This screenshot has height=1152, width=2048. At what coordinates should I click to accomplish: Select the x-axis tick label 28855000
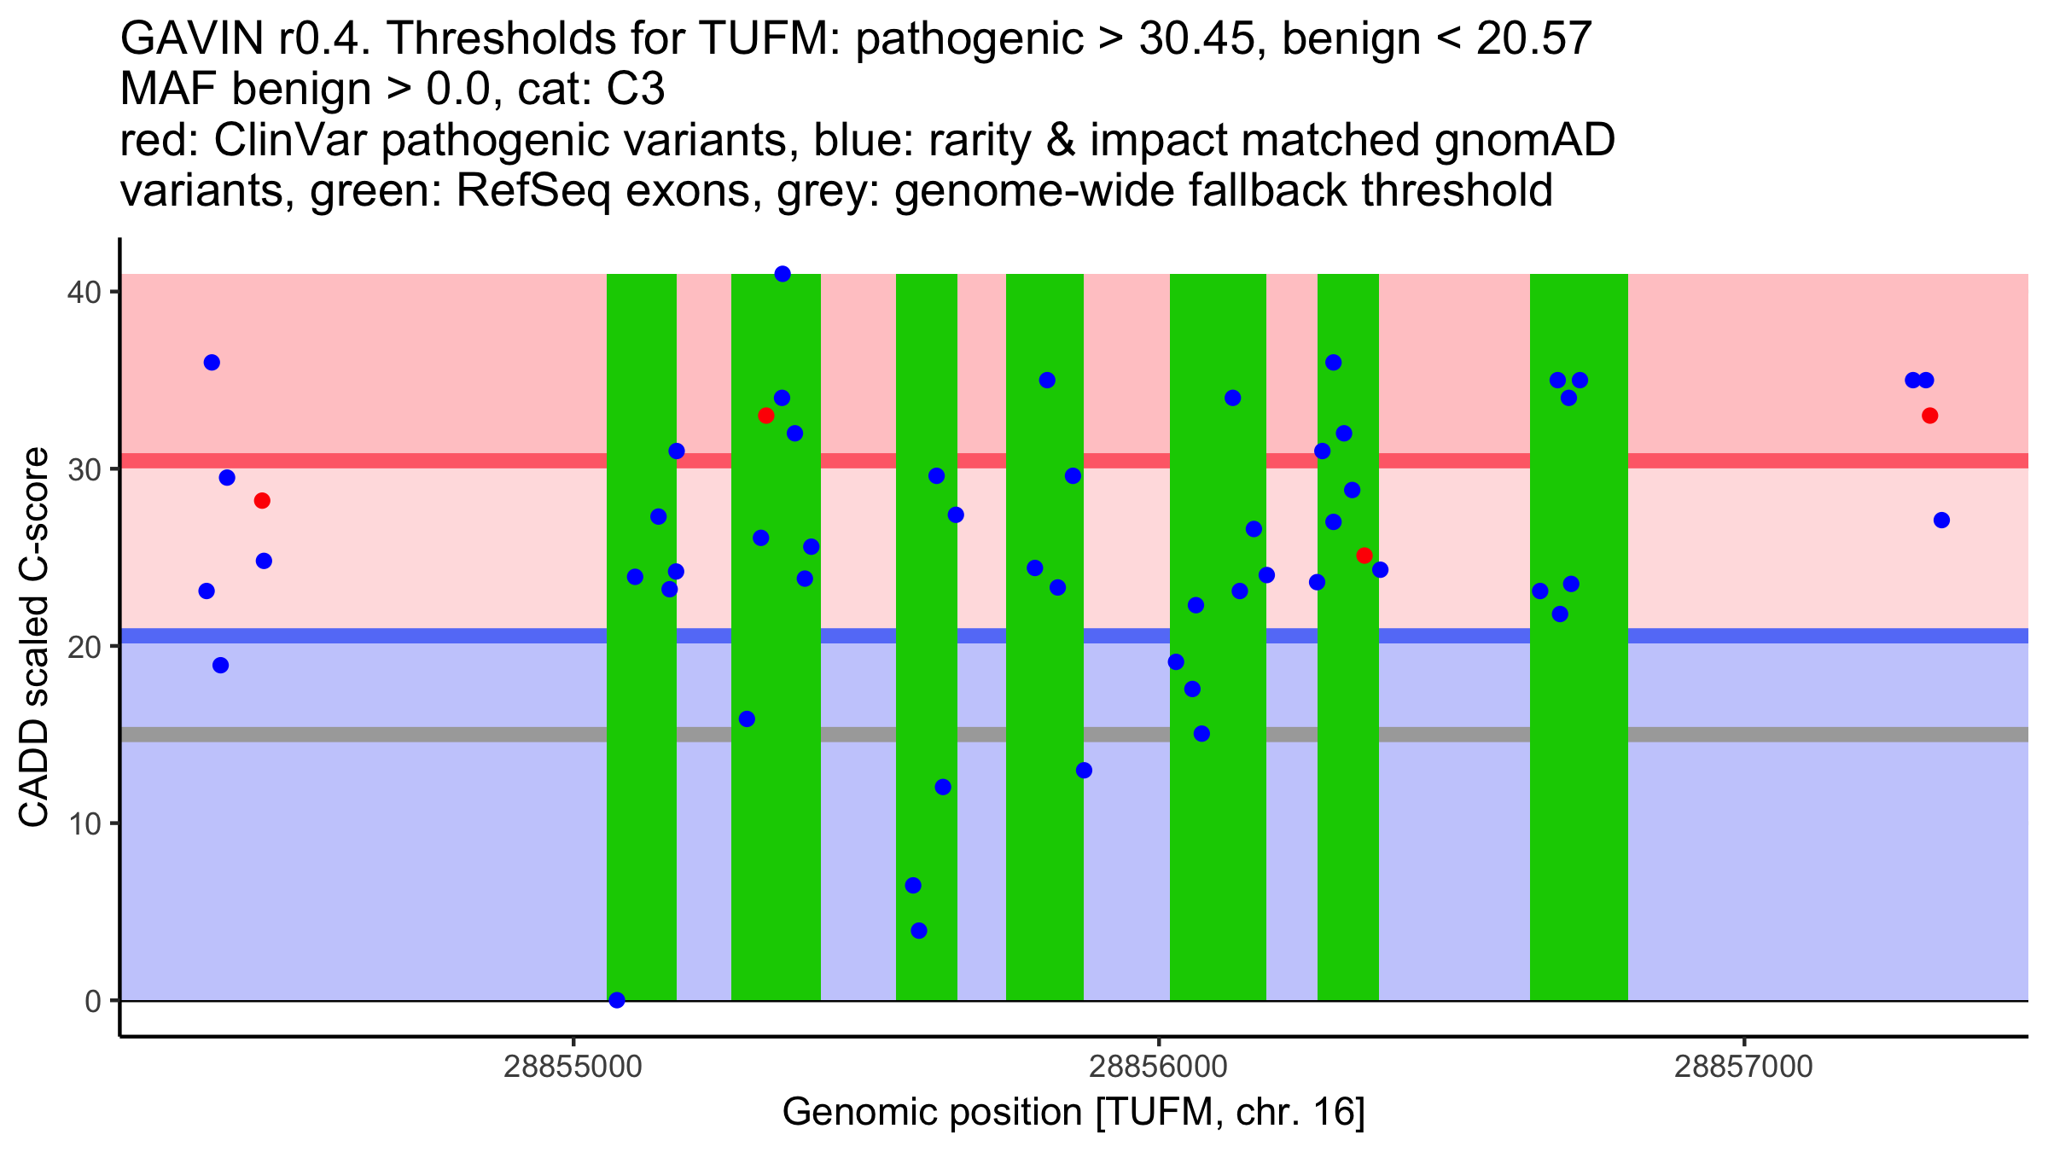pos(573,1067)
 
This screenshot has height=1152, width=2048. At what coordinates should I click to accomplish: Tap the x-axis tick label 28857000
pos(1743,1067)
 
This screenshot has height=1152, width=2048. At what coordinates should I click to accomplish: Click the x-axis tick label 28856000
pos(1158,1067)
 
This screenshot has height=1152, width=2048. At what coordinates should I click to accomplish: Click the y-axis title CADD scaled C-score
pos(35,639)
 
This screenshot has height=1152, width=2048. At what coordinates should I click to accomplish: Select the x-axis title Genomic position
pos(1073,1113)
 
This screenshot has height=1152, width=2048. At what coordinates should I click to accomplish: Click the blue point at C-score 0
pos(617,1000)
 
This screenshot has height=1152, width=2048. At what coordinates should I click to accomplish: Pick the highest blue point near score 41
pos(783,274)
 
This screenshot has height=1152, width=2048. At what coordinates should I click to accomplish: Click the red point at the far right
pos(1929,416)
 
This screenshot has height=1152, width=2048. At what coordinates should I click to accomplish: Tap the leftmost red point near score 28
pos(262,501)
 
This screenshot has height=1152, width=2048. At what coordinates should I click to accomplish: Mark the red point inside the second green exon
pos(765,416)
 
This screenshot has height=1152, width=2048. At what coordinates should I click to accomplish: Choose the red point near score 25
pos(1364,556)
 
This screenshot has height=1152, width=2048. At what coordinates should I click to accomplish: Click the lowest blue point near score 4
pos(919,930)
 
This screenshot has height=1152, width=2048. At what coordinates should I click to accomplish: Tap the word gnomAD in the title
pos(1524,141)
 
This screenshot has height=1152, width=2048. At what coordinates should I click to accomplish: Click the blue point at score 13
pos(1084,771)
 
